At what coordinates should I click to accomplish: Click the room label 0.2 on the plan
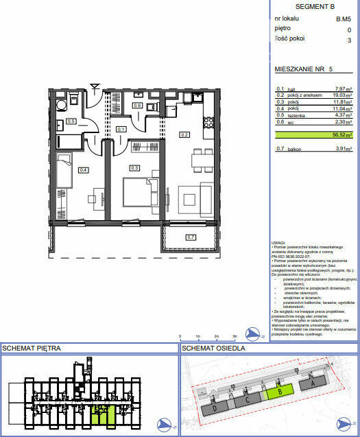184,135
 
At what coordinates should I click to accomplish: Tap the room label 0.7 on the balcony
191,237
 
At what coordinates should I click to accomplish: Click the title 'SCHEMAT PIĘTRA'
32,349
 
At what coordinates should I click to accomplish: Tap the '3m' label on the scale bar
235,336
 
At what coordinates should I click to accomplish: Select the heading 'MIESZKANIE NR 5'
303,70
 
